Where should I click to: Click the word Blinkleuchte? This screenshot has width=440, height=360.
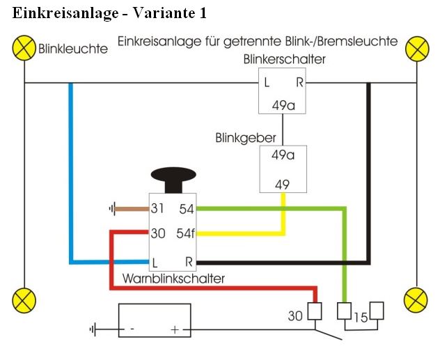(73, 49)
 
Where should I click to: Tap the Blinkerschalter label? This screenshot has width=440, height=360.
(284, 60)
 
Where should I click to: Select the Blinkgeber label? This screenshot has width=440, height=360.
(246, 138)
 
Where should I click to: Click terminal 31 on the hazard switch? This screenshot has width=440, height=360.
(158, 208)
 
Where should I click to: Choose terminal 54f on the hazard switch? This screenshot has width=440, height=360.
(186, 233)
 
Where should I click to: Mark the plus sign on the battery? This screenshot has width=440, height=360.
(174, 330)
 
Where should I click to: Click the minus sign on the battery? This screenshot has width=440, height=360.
(132, 330)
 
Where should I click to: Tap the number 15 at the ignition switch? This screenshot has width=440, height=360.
(361, 318)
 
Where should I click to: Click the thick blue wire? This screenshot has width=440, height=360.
(70, 174)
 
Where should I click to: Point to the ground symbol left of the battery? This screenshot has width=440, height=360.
(93, 329)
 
